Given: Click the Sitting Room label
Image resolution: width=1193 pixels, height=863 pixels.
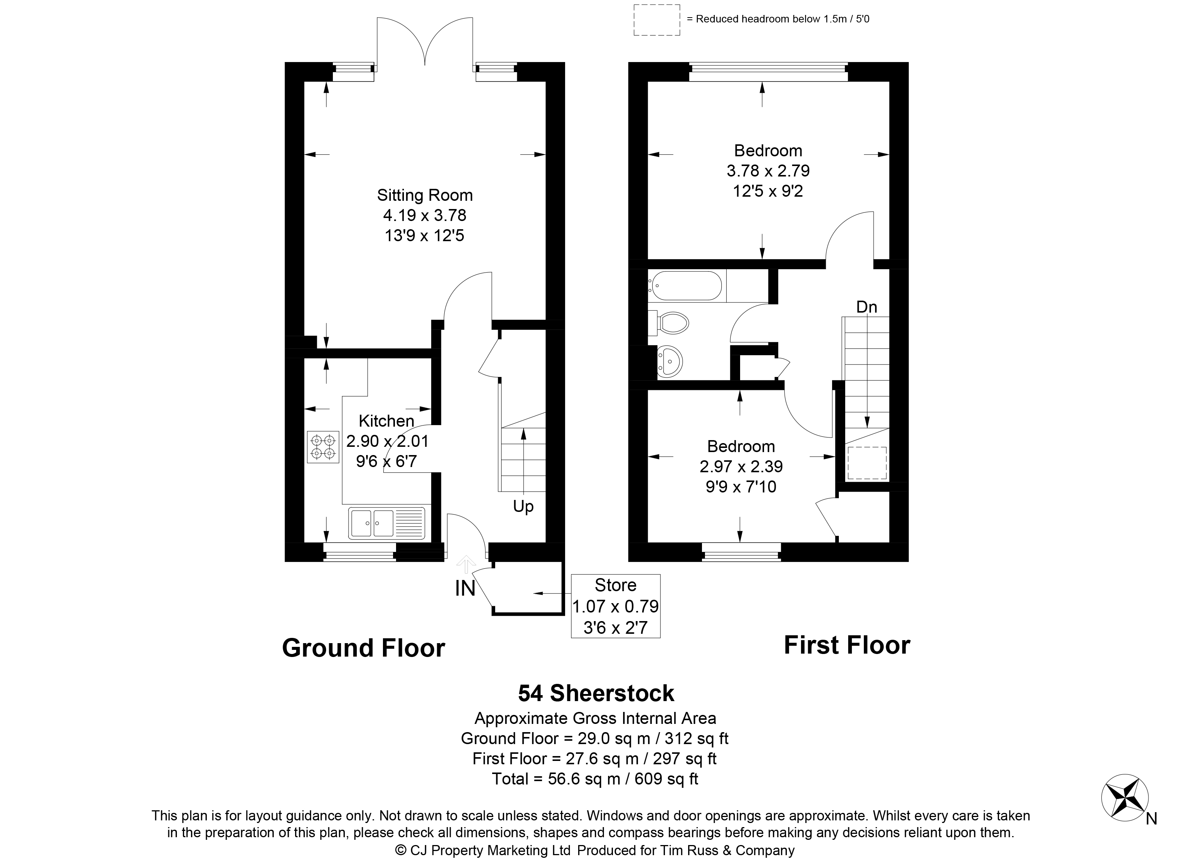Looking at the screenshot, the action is pos(424,195).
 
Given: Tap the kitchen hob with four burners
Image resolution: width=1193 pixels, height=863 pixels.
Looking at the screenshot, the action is pos(323,446).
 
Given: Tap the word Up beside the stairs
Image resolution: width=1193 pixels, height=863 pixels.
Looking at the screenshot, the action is pos(523,506).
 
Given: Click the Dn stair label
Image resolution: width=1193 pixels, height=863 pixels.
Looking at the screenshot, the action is pos(867,307).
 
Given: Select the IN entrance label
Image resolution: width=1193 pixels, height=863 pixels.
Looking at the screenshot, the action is pos(465,589).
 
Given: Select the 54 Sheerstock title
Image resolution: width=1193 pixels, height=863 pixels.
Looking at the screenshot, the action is pos(596,693).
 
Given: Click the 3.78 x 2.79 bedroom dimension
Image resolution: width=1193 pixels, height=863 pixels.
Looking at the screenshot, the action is pos(768,171).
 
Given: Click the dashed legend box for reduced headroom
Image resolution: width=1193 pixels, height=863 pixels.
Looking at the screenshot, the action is pos(656,20).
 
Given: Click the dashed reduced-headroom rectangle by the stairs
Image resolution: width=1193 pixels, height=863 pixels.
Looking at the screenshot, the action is pos(867,463).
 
